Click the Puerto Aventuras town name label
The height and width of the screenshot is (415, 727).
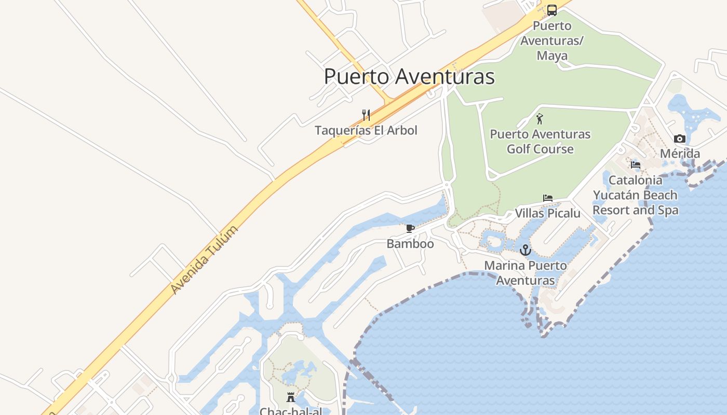(x=409, y=77)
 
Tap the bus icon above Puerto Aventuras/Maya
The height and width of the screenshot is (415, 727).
(x=552, y=10)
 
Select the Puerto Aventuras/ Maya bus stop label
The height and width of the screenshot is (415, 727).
(x=552, y=40)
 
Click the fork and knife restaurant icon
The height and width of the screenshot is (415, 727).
(x=366, y=115)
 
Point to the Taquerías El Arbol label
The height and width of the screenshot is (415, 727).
(x=366, y=130)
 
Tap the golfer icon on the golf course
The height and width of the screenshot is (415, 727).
(x=540, y=119)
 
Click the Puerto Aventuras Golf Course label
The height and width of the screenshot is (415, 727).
(x=540, y=142)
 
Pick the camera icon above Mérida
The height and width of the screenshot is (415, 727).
(x=680, y=139)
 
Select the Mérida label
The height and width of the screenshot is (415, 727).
(x=680, y=154)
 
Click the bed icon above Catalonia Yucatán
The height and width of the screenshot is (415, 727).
(x=636, y=165)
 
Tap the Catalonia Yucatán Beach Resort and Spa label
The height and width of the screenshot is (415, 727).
(x=636, y=195)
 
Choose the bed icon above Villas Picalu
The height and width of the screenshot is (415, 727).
(x=548, y=198)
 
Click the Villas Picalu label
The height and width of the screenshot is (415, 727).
(x=548, y=213)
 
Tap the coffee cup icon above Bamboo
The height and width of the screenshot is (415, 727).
(x=410, y=228)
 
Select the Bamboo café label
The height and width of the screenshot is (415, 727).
(x=410, y=243)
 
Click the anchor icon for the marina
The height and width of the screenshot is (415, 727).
(x=526, y=251)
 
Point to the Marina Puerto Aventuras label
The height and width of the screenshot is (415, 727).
(x=526, y=273)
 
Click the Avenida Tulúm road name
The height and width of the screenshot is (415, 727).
(x=205, y=260)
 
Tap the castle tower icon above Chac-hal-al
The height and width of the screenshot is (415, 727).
(x=291, y=397)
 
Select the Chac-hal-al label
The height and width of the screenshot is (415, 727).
(x=291, y=411)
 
